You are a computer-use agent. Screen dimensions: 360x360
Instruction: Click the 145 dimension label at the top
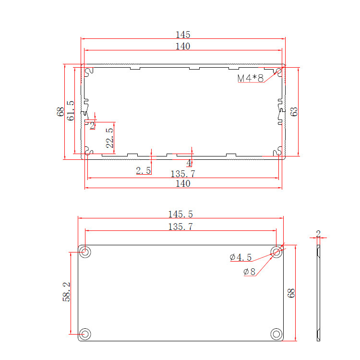tap(183, 35)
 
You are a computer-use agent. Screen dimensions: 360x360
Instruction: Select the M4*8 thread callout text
tap(251, 78)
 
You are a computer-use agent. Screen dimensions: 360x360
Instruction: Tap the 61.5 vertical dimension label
tap(71, 111)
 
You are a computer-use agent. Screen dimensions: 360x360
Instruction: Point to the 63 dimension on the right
tap(294, 111)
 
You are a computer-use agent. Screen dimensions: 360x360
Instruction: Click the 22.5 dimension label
tap(110, 138)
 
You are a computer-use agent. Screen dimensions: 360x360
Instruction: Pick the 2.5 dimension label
tap(143, 170)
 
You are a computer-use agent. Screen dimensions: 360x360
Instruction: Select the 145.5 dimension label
tap(180, 214)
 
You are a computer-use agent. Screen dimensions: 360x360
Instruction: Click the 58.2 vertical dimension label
tap(66, 291)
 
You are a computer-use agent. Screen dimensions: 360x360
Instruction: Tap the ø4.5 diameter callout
tap(240, 257)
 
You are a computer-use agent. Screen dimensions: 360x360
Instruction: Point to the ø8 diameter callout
tap(249, 272)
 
